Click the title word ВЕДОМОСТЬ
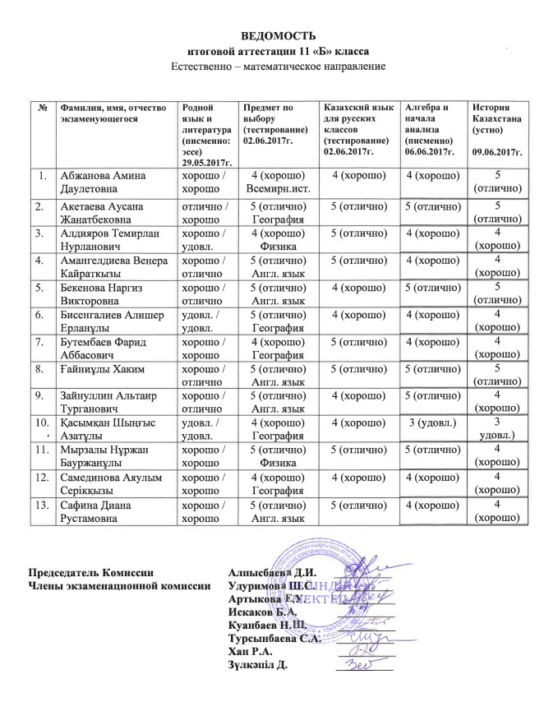278,36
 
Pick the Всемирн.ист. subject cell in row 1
277,189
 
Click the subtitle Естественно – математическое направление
278,64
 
